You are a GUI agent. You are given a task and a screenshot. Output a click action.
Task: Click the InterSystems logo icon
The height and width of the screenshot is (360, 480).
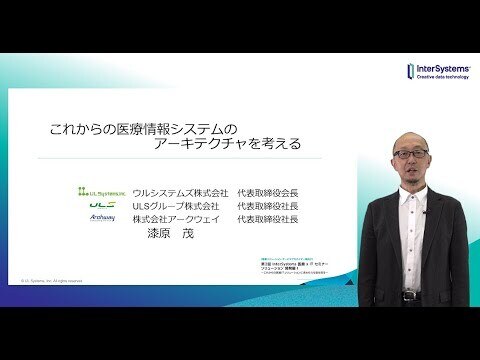(411, 70)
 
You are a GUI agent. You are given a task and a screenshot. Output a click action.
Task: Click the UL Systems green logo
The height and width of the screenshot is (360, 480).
(103, 191)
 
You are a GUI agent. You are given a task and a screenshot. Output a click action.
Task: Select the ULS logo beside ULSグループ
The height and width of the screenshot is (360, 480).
(103, 204)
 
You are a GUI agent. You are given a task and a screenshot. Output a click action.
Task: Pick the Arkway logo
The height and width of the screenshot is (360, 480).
(103, 217)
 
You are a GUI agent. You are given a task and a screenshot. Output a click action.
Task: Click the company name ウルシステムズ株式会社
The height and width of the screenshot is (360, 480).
(177, 191)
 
